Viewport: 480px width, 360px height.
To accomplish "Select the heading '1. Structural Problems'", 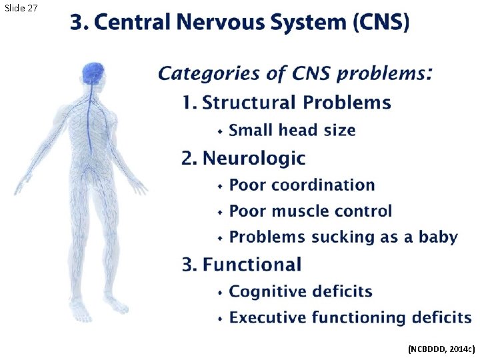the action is point(286,103).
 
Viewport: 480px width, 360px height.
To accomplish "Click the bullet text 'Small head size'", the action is point(292,131).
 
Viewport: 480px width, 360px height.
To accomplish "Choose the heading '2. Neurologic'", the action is point(243,158).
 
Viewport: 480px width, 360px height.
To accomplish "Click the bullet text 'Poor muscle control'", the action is point(310,211).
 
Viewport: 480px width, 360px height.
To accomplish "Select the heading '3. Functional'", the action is point(241,265).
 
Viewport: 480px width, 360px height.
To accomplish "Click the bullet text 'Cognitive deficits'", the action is point(301,291).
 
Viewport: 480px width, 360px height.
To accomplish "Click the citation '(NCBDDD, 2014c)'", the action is point(441,349).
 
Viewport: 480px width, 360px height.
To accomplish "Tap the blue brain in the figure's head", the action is point(94,71).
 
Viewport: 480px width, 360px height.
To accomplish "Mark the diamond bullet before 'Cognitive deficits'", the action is point(220,292).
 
